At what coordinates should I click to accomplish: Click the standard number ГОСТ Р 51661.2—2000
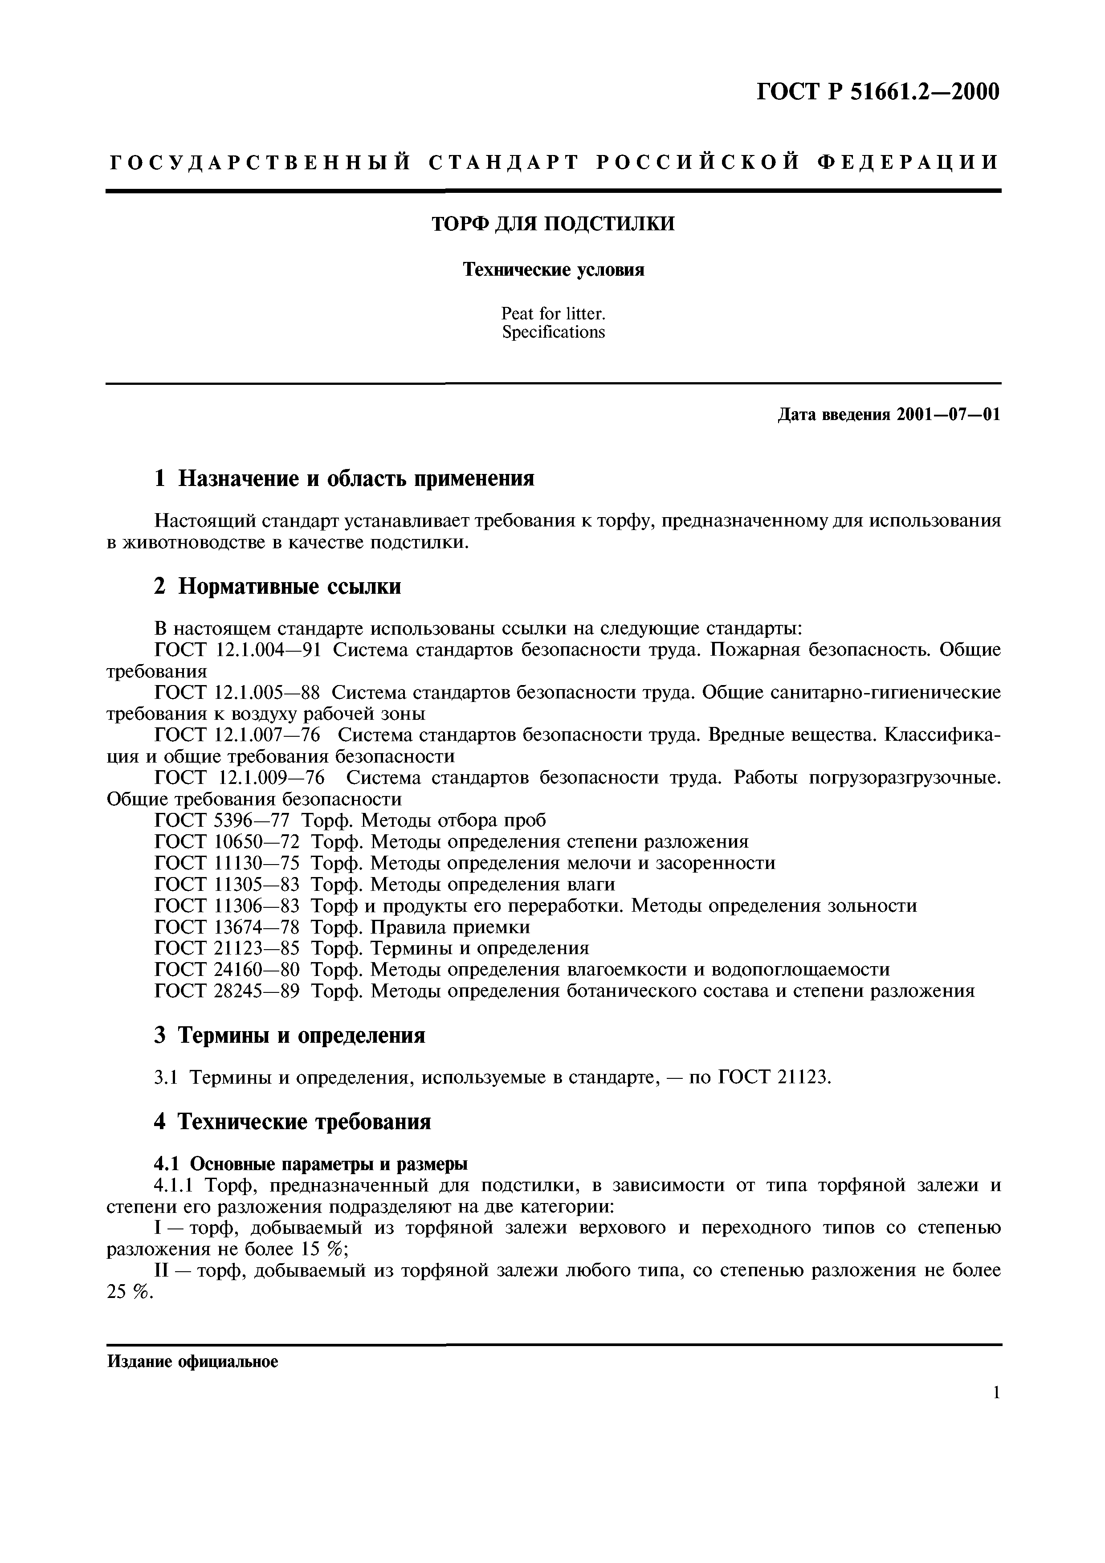[878, 91]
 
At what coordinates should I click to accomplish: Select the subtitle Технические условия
[553, 270]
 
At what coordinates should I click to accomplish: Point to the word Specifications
[553, 332]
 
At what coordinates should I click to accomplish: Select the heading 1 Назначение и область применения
[344, 479]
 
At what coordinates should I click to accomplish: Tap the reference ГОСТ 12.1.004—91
[237, 650]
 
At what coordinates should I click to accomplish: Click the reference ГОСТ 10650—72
[228, 842]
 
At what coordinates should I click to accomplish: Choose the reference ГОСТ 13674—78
[228, 927]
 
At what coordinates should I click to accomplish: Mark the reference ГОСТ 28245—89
[228, 991]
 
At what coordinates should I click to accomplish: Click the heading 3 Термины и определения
[290, 1036]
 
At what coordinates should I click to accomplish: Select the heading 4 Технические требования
[292, 1121]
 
